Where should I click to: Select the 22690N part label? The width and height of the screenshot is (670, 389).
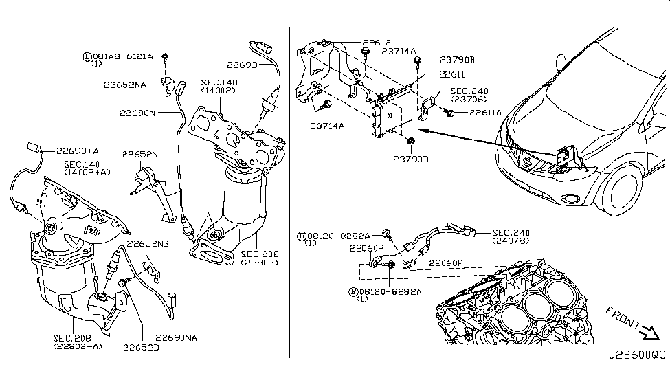tap(137, 113)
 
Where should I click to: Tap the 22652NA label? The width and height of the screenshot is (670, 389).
tap(125, 85)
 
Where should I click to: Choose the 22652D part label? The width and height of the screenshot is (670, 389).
tap(142, 347)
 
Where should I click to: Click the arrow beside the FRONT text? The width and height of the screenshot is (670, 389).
tap(647, 334)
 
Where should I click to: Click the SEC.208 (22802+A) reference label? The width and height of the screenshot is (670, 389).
tap(77, 342)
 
